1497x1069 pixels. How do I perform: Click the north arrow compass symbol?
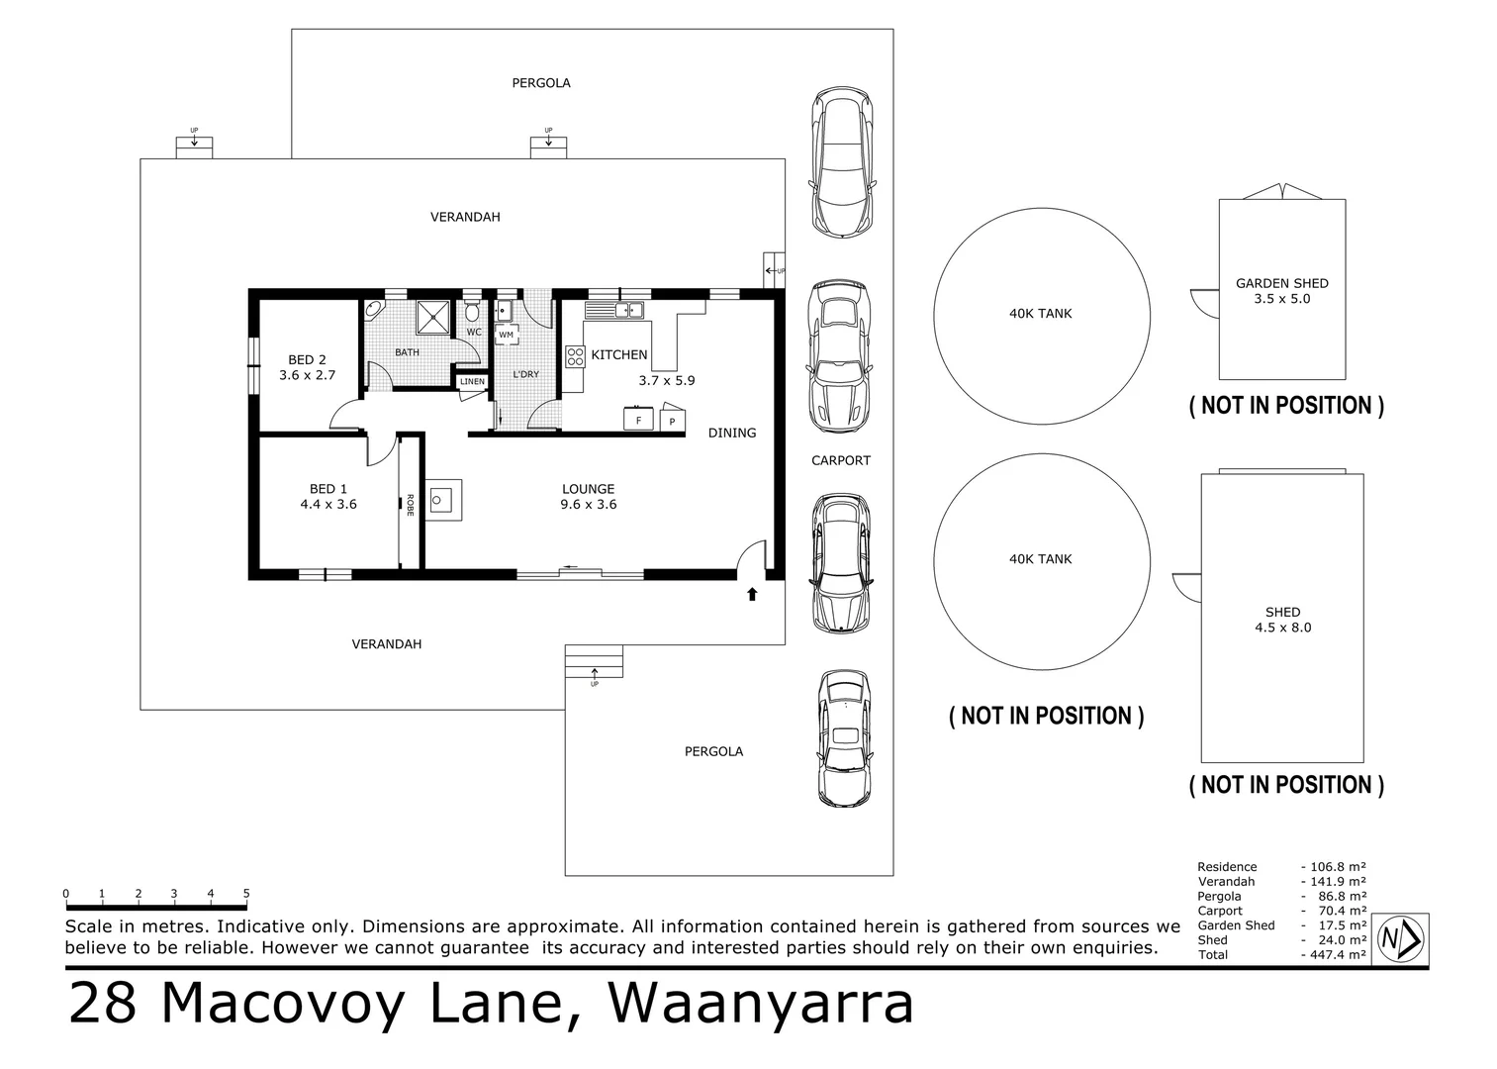(x=1401, y=936)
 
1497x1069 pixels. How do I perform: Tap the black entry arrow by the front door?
(x=752, y=594)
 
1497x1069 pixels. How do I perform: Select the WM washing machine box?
(x=506, y=335)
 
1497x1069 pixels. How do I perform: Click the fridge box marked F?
(x=638, y=420)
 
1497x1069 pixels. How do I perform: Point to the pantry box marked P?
(x=672, y=421)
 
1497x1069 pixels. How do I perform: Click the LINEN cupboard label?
(x=472, y=381)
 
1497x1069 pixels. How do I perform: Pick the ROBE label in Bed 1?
(x=409, y=505)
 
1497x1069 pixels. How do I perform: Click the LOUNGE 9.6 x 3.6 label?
(x=589, y=496)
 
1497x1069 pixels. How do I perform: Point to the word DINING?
(x=732, y=433)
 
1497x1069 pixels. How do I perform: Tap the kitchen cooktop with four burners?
(x=575, y=356)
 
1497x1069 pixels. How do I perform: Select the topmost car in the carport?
(x=842, y=162)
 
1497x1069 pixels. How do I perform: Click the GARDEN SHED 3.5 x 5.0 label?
(x=1281, y=290)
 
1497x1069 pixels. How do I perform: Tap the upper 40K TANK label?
(x=1040, y=314)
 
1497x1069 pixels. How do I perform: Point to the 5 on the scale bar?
(x=246, y=894)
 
